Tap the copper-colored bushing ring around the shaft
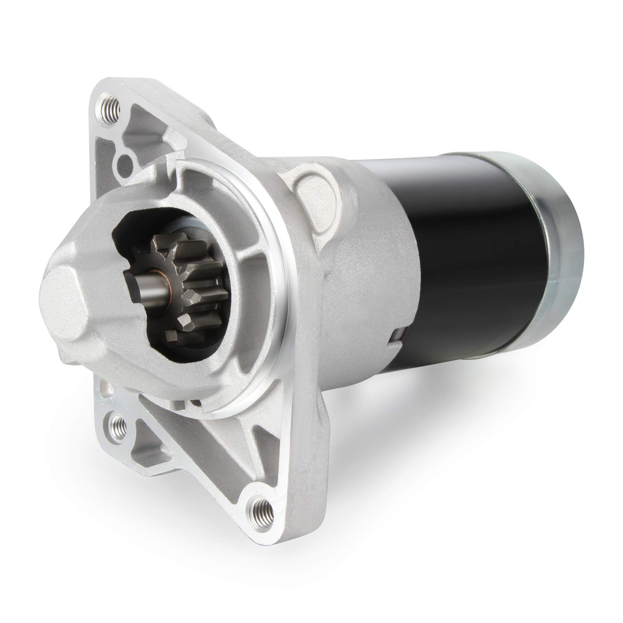click(159, 280)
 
